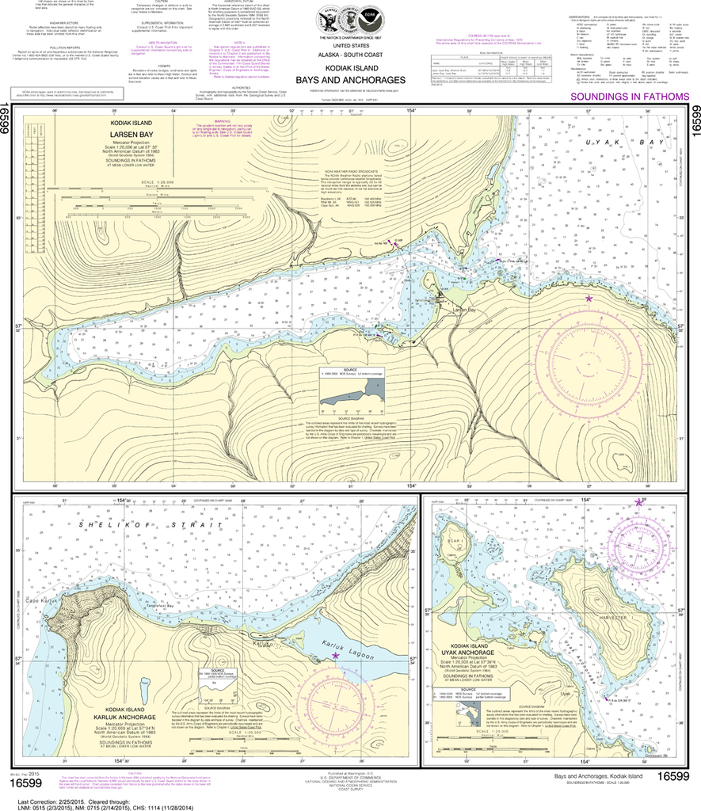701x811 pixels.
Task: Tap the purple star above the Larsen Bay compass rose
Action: tap(589, 299)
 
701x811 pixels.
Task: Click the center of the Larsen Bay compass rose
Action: tap(589, 360)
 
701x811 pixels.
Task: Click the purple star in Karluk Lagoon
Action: tap(335, 656)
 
